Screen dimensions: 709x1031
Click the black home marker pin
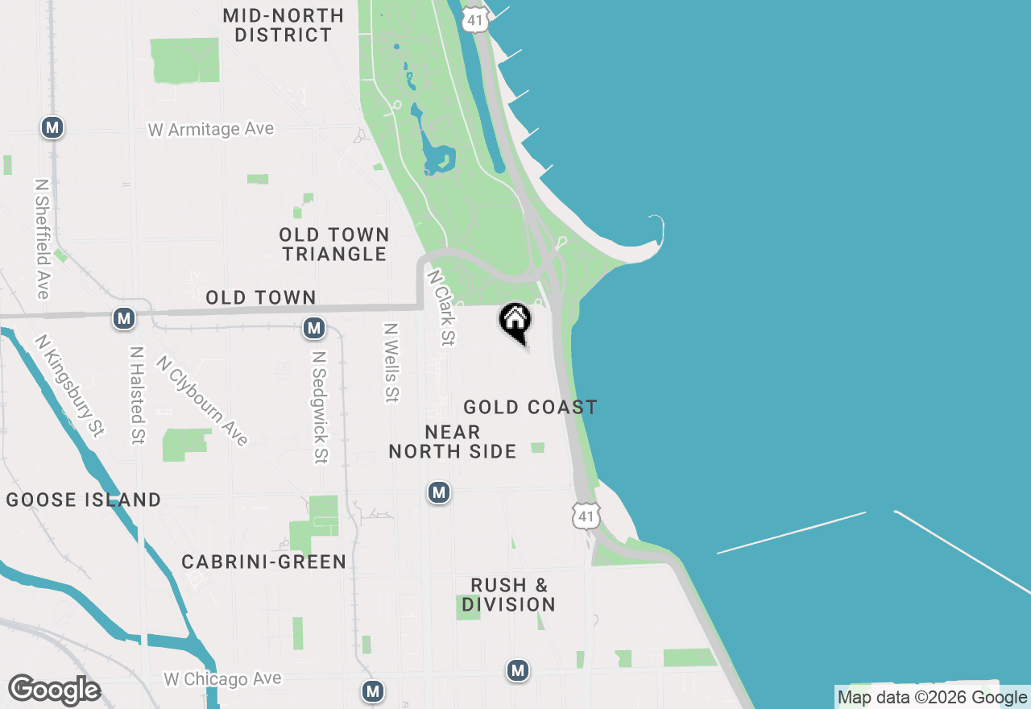[515, 321]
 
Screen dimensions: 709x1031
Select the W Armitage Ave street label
[211, 129]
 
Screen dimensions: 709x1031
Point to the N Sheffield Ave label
[42, 238]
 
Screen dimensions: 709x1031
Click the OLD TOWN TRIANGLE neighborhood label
[334, 244]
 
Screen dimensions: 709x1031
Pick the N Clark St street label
[441, 308]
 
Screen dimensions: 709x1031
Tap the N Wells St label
[391, 363]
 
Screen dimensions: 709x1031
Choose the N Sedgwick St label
[320, 407]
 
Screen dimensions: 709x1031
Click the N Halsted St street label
[137, 396]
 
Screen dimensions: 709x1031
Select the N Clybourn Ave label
[202, 400]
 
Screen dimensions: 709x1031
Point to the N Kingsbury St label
[69, 385]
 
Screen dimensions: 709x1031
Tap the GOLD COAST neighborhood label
[530, 407]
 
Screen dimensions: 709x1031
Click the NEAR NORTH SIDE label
[453, 442]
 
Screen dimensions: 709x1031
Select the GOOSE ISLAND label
[84, 500]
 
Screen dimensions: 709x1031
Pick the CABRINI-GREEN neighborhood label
[263, 562]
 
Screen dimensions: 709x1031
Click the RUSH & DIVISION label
[509, 595]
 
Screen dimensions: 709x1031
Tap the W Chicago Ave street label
[223, 679]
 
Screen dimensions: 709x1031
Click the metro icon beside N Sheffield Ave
[52, 127]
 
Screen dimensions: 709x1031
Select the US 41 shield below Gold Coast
[586, 516]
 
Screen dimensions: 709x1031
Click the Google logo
[54, 690]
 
